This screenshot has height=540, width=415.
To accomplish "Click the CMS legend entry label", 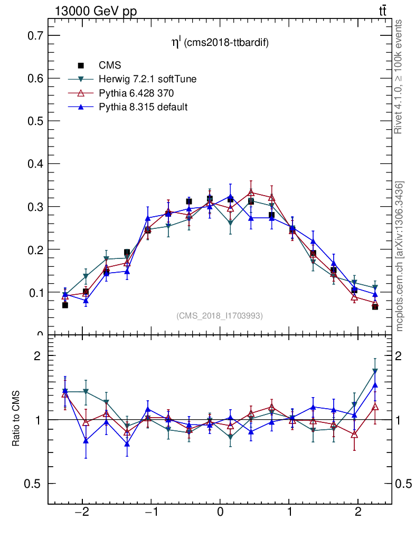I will coord(110,65).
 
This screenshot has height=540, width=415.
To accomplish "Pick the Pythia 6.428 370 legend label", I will coord(136,93).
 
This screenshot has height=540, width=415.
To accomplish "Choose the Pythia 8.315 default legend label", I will coord(143,107).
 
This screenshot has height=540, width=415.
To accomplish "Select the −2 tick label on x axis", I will coord(82,513).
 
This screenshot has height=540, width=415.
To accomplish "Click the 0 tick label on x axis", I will coord(220,513).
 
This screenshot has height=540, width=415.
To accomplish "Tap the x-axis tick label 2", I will coord(358,513).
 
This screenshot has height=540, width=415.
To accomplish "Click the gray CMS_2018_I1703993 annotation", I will coord(219,315).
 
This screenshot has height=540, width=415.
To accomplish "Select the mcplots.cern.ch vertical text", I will coord(400,256).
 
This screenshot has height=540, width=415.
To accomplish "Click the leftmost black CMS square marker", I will coord(65,305).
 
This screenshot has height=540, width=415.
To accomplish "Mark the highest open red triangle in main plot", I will coord(251,192).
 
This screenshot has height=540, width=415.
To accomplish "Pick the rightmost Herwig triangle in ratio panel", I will coord(375,371).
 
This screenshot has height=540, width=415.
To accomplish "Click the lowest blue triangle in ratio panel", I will coord(127,443).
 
